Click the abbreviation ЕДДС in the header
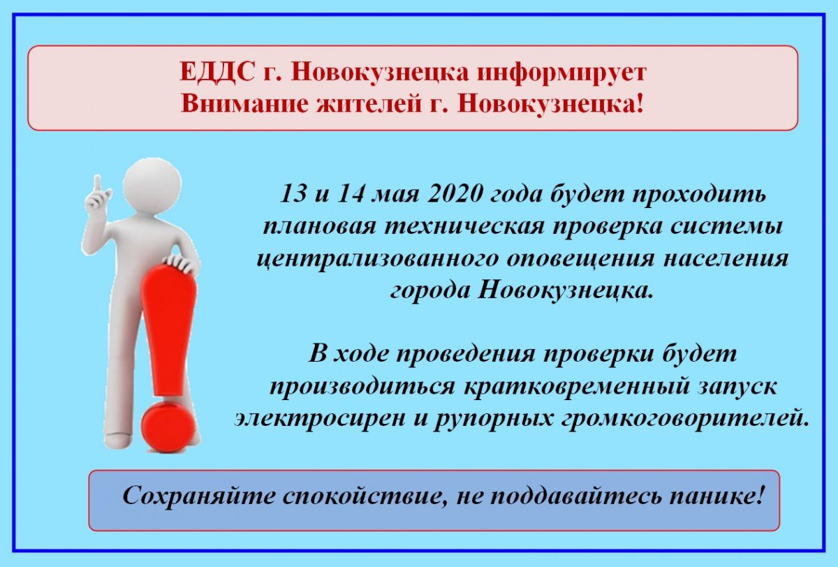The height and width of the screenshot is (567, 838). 217,71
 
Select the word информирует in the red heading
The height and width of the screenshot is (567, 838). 561,73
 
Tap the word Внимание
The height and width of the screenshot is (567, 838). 244,103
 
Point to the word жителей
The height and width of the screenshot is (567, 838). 369,103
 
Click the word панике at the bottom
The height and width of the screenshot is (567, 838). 712,496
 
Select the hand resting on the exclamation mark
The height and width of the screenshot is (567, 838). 182,263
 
